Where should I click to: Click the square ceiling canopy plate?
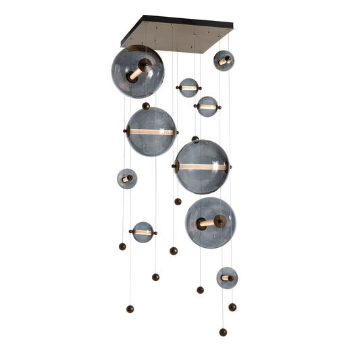pyautogui.click(x=177, y=35)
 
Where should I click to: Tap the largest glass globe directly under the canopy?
pyautogui.click(x=137, y=72)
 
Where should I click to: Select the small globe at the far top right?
pyautogui.click(x=224, y=60)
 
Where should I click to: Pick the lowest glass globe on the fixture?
pyautogui.click(x=227, y=278)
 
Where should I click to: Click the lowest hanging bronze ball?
pyautogui.click(x=223, y=332)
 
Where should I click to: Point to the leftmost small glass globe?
pyautogui.click(x=127, y=178)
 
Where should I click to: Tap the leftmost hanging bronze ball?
pyautogui.click(x=122, y=247)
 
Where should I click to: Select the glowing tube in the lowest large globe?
pyautogui.click(x=209, y=222)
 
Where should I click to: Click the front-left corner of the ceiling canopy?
pyautogui.click(x=124, y=45)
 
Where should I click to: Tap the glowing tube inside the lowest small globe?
pyautogui.click(x=228, y=278)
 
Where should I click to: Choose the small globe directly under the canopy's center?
pyautogui.click(x=188, y=88)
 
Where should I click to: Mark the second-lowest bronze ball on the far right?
pyautogui.click(x=232, y=307)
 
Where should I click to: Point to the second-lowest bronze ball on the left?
pyautogui.click(x=155, y=277)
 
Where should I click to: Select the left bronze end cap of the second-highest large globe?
pyautogui.click(x=126, y=132)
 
